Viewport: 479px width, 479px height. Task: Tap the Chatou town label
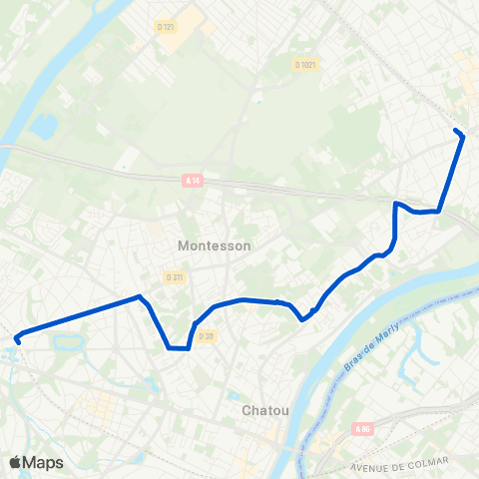265,410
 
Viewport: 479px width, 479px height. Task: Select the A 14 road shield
193,181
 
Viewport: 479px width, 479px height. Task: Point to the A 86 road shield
362,429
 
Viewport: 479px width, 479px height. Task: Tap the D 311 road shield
176,276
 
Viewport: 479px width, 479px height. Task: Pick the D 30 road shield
206,336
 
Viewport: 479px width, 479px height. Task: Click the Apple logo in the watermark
15,462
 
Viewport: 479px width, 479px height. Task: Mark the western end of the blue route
17,340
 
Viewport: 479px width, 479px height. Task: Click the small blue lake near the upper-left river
44,127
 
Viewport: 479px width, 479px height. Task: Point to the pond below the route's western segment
69,342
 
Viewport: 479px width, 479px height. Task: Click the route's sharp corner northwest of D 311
140,296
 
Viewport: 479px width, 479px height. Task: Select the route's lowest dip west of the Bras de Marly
302,320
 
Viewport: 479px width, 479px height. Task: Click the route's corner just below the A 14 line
397,204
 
